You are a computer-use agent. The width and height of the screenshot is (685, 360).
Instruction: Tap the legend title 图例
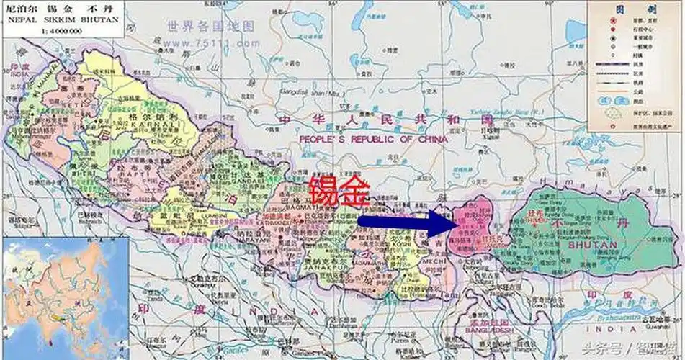[635, 10]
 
